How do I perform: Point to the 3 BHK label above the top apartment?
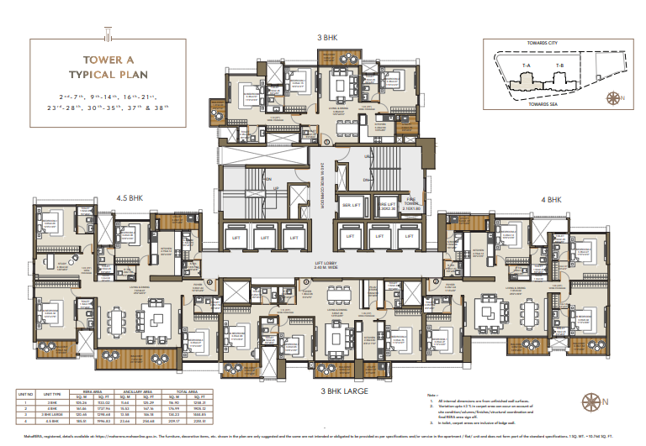327,38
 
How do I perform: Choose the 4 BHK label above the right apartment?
551,200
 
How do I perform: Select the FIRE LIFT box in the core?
386,205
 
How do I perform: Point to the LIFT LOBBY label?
327,264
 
